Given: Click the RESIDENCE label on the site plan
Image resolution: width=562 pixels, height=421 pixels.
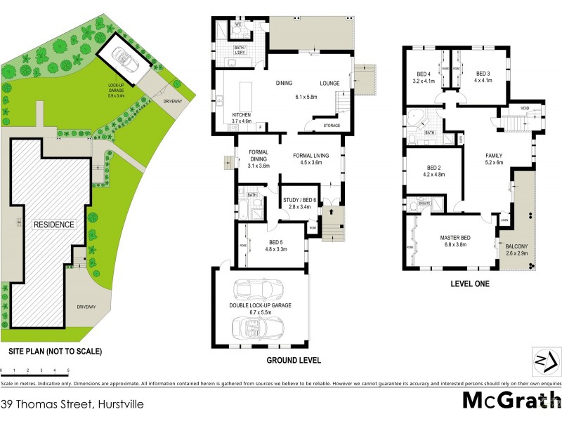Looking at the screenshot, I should click(53, 225).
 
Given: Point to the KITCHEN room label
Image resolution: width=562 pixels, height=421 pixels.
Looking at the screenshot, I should click(242, 114).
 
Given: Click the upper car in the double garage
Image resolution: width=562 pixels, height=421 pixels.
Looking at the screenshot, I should click(259, 289).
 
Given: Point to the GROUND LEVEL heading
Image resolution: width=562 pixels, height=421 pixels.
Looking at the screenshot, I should click(294, 361).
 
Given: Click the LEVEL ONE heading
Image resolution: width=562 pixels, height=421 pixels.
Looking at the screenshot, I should click(470, 284).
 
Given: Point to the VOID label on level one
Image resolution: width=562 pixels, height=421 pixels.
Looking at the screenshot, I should click(524, 108).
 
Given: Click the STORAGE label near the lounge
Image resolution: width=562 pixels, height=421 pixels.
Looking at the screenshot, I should click(332, 126).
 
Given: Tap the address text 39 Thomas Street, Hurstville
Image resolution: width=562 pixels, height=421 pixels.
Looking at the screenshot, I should click(62, 404).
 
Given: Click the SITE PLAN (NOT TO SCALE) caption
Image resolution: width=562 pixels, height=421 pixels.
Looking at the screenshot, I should click(55, 351).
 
